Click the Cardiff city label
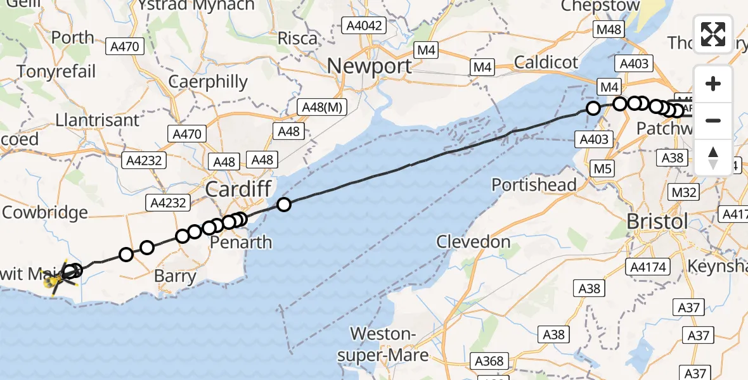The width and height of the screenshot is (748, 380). tap(238, 189)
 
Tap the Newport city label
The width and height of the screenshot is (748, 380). tap(369, 66)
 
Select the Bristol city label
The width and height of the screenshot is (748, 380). tap(656, 222)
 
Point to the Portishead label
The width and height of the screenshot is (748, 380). tap(534, 185)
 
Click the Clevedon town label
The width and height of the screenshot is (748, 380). tap(474, 242)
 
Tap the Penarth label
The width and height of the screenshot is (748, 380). tap(241, 243)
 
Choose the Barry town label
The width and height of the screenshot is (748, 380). tap(176, 277)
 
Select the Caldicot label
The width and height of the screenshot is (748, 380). tap(546, 62)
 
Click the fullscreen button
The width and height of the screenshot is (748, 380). tap(713, 34)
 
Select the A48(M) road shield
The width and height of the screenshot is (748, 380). tap(323, 108)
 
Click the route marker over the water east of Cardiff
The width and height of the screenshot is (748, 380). tap(284, 205)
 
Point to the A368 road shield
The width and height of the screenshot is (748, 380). tap(489, 362)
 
